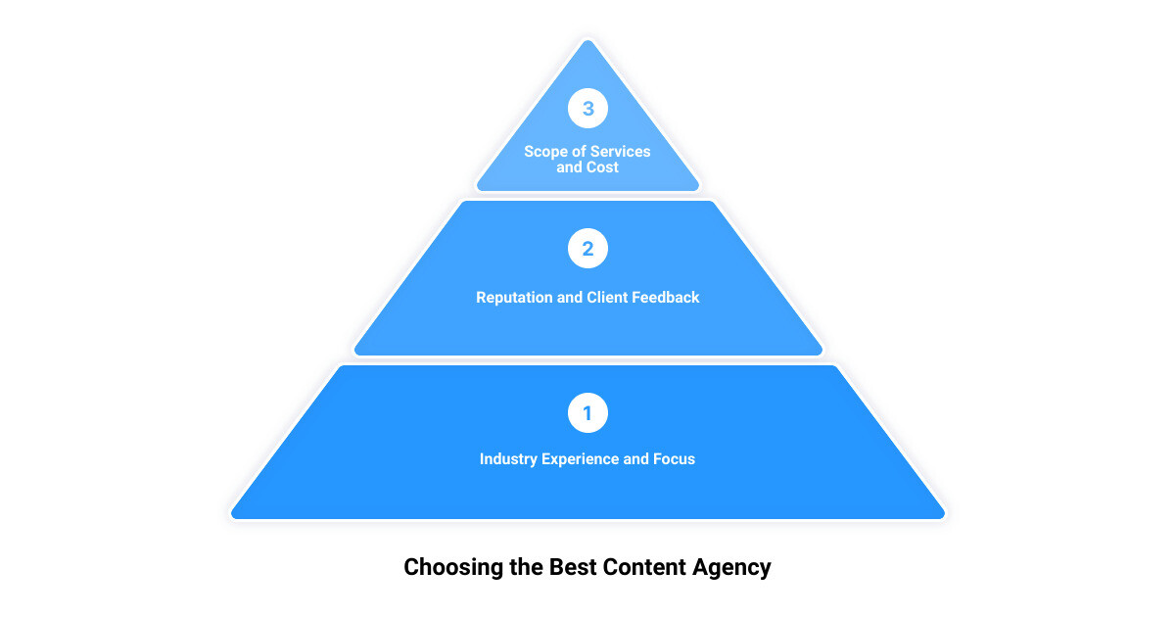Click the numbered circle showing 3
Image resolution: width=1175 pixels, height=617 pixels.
click(x=587, y=109)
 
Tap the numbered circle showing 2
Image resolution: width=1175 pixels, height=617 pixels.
click(x=587, y=249)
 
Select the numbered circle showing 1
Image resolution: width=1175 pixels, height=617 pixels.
click(x=587, y=413)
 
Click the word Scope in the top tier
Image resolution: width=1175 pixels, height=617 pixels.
click(x=545, y=152)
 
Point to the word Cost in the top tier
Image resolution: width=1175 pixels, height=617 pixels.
click(x=604, y=167)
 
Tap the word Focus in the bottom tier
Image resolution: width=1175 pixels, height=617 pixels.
click(x=674, y=459)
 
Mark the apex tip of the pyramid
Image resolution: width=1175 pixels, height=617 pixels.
click(x=587, y=40)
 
